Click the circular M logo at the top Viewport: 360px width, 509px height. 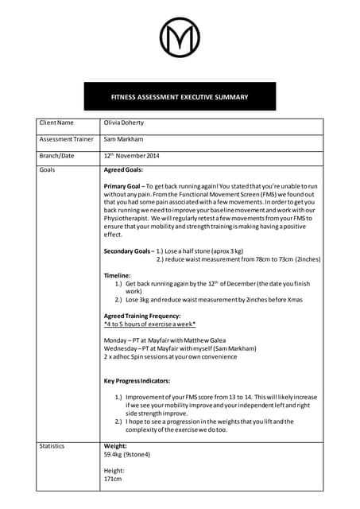(x=180, y=39)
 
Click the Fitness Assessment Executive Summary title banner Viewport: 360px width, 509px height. (x=180, y=97)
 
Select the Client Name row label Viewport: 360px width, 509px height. (x=56, y=123)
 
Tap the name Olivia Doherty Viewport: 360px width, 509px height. (x=123, y=123)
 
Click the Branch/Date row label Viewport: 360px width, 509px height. (x=56, y=155)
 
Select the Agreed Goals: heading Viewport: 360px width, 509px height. (x=123, y=170)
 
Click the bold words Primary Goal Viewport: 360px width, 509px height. (x=122, y=186)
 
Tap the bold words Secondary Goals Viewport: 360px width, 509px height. (x=127, y=251)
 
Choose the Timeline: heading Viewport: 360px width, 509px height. (x=118, y=275)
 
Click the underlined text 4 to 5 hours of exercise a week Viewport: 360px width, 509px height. (x=149, y=324)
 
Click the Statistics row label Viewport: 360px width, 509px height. (x=52, y=446)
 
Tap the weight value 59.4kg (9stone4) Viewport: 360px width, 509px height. (x=127, y=455)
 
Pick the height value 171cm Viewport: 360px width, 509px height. (x=113, y=480)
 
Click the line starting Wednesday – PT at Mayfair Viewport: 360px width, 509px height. (x=180, y=348)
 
